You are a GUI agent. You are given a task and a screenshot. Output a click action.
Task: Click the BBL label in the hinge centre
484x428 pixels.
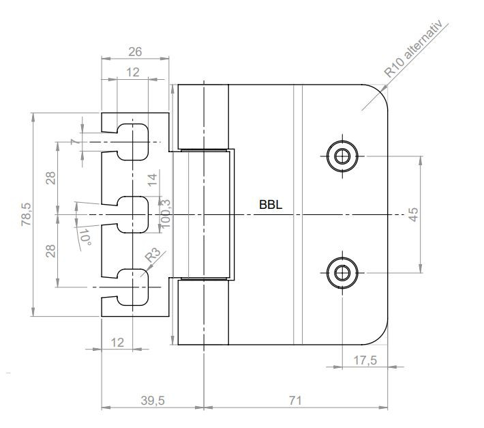[271, 205]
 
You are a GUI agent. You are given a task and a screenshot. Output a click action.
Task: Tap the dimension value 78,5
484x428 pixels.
[26, 214]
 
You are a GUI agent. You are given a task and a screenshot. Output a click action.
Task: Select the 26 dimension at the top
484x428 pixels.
[135, 52]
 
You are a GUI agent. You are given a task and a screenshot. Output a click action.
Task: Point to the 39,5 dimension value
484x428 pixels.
[153, 401]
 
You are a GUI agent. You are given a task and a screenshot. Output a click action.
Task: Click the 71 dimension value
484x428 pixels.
[295, 401]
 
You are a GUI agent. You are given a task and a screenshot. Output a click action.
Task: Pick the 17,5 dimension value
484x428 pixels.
[365, 360]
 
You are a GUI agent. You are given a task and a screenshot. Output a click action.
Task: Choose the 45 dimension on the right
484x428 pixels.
[413, 214]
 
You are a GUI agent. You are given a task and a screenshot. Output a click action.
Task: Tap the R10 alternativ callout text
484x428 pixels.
[413, 49]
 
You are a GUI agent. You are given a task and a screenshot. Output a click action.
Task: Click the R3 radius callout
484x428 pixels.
[153, 255]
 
